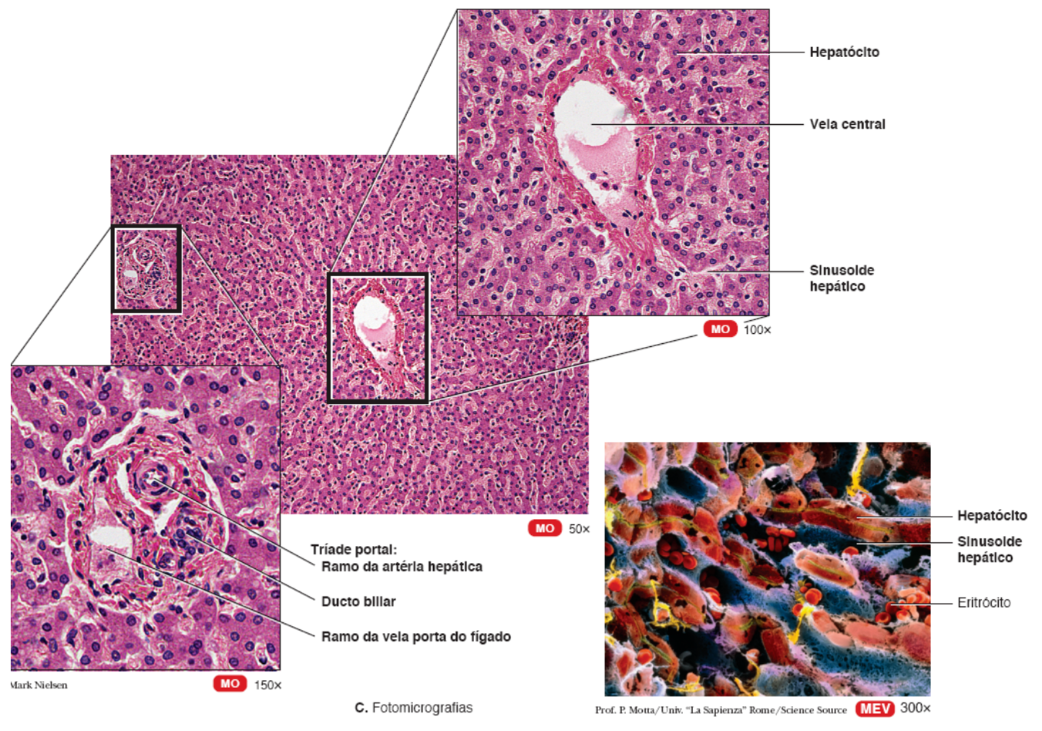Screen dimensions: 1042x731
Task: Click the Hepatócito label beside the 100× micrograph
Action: click(844, 52)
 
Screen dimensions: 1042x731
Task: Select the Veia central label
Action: click(847, 124)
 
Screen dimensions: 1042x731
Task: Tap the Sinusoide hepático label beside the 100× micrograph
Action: click(841, 278)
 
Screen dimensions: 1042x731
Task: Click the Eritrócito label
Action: click(983, 603)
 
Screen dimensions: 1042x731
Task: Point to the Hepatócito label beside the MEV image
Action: click(992, 516)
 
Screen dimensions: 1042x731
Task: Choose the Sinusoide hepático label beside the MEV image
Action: click(989, 550)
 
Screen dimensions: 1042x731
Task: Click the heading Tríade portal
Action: click(354, 550)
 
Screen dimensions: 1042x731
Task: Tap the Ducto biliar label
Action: click(358, 601)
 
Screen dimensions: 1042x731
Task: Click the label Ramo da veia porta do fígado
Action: click(415, 637)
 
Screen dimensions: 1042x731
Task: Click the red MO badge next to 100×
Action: click(720, 329)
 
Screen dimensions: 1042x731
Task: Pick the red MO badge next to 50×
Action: click(545, 528)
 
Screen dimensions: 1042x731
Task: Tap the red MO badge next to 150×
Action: click(230, 684)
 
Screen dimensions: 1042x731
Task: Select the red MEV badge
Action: click(875, 709)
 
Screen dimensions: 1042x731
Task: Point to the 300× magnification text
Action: click(915, 708)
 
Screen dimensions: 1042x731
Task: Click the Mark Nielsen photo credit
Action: click(39, 686)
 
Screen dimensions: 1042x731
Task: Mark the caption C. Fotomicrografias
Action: click(414, 708)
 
